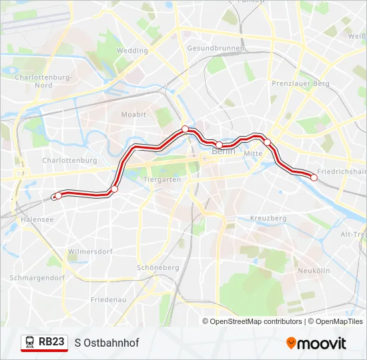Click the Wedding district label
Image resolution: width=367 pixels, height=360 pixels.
[132, 51]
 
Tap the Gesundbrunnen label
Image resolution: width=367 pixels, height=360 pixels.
[216, 49]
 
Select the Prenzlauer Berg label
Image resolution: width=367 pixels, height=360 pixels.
[300, 83]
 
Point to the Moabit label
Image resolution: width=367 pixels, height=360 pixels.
[133, 115]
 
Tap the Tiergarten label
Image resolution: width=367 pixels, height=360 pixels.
[162, 180]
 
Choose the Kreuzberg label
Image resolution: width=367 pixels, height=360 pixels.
[268, 218]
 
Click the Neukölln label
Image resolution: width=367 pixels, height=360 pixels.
[314, 271]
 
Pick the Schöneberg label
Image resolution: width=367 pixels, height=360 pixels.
[157, 267]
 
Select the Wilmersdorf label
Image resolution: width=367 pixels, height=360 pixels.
[90, 251]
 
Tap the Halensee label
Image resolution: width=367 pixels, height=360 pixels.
[37, 219]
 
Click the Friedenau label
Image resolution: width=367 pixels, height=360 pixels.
[108, 300]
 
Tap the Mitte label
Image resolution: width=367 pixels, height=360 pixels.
[254, 153]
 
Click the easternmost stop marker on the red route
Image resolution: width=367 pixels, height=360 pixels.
[314, 177]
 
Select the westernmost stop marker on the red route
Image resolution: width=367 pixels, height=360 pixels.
[58, 195]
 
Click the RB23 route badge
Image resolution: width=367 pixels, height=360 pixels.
[45, 343]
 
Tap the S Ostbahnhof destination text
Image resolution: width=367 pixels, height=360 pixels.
[107, 343]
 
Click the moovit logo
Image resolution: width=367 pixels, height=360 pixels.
[316, 343]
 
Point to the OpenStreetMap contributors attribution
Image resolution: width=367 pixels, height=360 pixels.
[256, 321]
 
